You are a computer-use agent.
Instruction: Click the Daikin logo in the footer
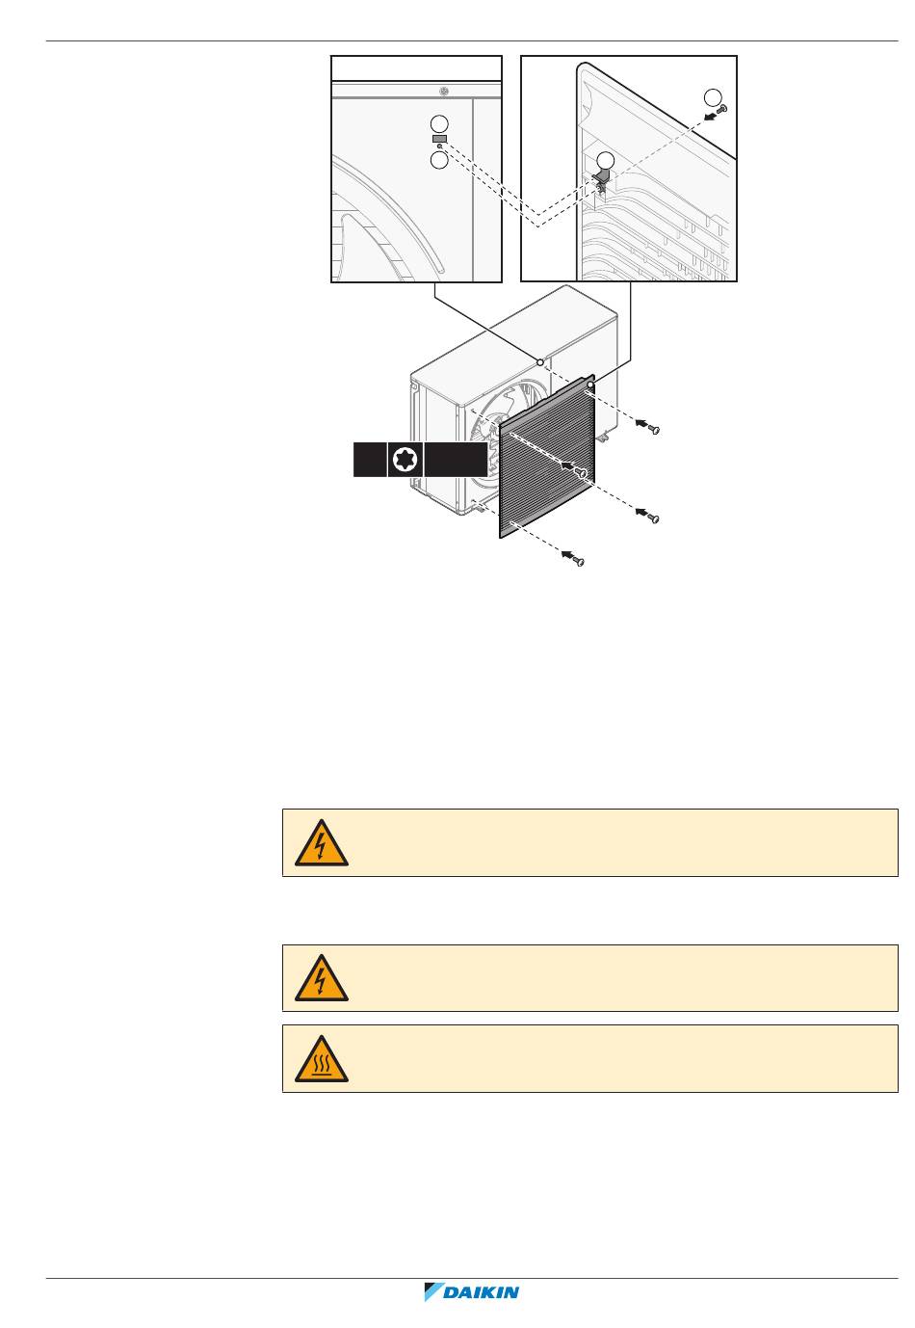pyautogui.click(x=472, y=1292)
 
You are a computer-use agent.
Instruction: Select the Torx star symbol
pyautogui.click(x=405, y=460)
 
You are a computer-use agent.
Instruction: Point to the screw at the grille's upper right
pyautogui.click(x=651, y=428)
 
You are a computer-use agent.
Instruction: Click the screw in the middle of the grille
pyautogui.click(x=581, y=472)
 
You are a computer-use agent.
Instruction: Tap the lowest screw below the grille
pyautogui.click(x=577, y=561)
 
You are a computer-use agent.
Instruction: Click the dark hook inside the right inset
pyautogui.click(x=604, y=179)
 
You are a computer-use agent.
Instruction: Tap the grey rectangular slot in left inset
pyautogui.click(x=439, y=139)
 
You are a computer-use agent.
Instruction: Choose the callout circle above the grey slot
pyautogui.click(x=439, y=123)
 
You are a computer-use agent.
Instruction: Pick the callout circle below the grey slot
pyautogui.click(x=439, y=160)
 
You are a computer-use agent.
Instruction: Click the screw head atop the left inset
pyautogui.click(x=442, y=92)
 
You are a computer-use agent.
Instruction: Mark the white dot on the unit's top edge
pyautogui.click(x=540, y=362)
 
